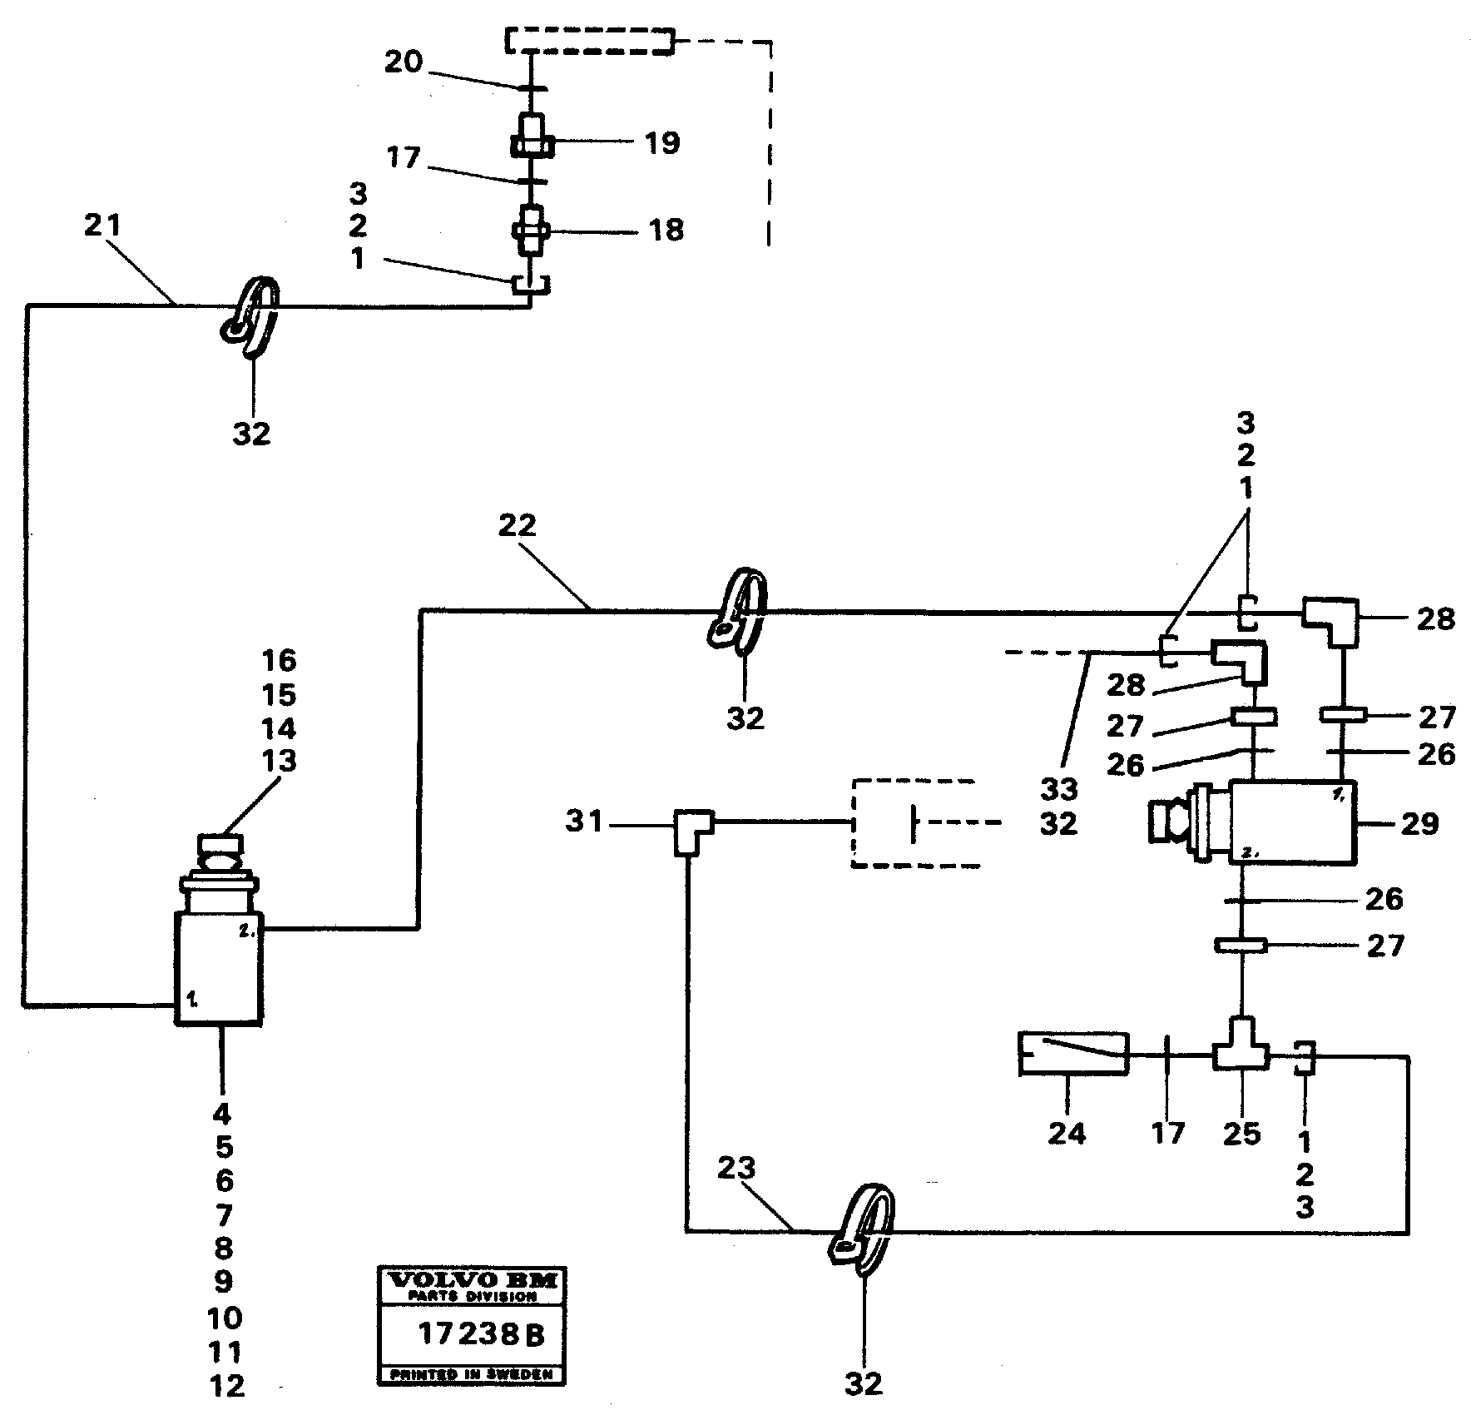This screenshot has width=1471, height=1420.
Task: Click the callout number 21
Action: (102, 226)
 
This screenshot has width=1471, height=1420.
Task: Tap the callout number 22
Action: (518, 526)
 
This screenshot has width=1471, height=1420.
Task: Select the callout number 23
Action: (736, 1169)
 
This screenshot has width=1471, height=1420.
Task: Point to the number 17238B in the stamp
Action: (481, 1335)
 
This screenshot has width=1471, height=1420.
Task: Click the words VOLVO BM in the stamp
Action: (471, 1280)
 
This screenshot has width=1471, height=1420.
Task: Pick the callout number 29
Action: (1419, 823)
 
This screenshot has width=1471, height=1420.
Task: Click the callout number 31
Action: (584, 822)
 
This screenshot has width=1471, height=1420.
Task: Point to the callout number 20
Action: (404, 62)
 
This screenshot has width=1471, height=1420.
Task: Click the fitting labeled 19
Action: (531, 139)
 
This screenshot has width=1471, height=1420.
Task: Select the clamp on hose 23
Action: (862, 1231)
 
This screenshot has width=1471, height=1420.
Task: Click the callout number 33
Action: (1058, 789)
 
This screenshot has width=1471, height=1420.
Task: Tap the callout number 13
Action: (279, 762)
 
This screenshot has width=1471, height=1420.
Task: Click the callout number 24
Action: (1067, 1133)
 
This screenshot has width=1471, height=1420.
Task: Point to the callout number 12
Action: (227, 1386)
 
